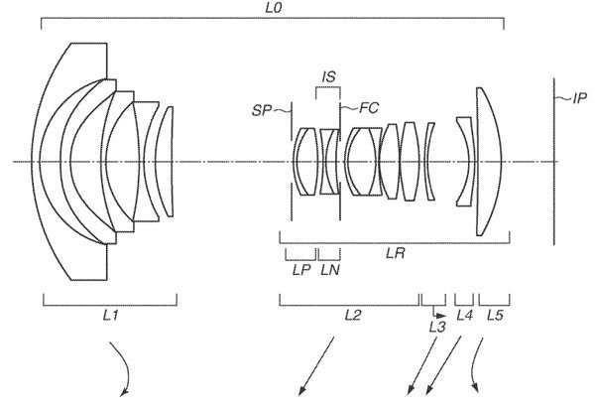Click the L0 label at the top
pyautogui.click(x=274, y=8)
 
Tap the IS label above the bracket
pyautogui.click(x=328, y=76)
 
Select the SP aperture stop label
pyautogui.click(x=262, y=110)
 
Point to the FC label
pyautogui.click(x=369, y=108)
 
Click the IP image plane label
pyautogui.click(x=579, y=98)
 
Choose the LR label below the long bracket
pyautogui.click(x=396, y=253)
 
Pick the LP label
pyautogui.click(x=301, y=270)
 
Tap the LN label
pyautogui.click(x=330, y=270)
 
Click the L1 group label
pyautogui.click(x=110, y=315)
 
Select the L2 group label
pyautogui.click(x=352, y=315)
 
